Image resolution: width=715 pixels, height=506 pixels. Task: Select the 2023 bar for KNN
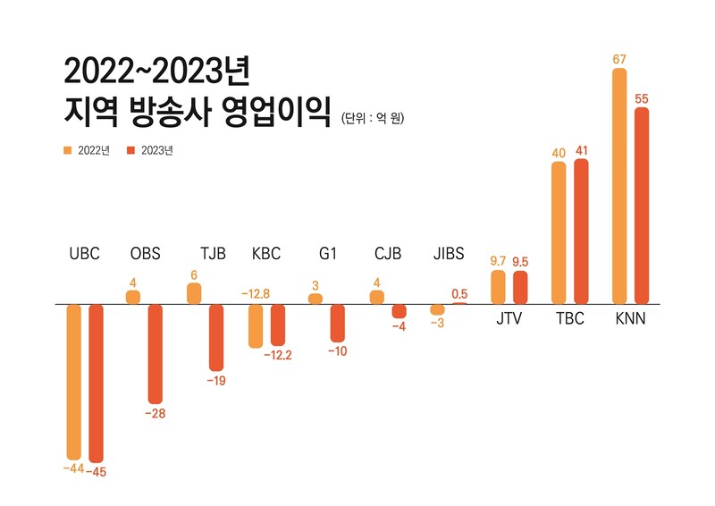pyautogui.click(x=641, y=206)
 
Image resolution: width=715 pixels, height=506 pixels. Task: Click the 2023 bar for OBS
pyautogui.click(x=156, y=353)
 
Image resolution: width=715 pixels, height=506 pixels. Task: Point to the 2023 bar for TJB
pyautogui.click(x=215, y=337)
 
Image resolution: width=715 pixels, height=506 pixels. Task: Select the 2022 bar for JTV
pyautogui.click(x=499, y=287)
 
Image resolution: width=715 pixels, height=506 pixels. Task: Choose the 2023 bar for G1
pyautogui.click(x=337, y=323)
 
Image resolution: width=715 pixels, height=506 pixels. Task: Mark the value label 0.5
pyautogui.click(x=459, y=293)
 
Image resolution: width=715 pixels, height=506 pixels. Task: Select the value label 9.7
pyautogui.click(x=499, y=260)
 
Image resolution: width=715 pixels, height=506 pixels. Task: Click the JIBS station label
pyautogui.click(x=448, y=253)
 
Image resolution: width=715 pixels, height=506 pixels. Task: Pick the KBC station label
pyautogui.click(x=266, y=253)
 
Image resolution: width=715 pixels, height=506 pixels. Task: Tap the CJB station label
pyautogui.click(x=388, y=253)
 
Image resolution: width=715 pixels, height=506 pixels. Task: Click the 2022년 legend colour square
pyautogui.click(x=67, y=150)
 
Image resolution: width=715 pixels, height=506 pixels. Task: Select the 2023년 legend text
pyautogui.click(x=157, y=150)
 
